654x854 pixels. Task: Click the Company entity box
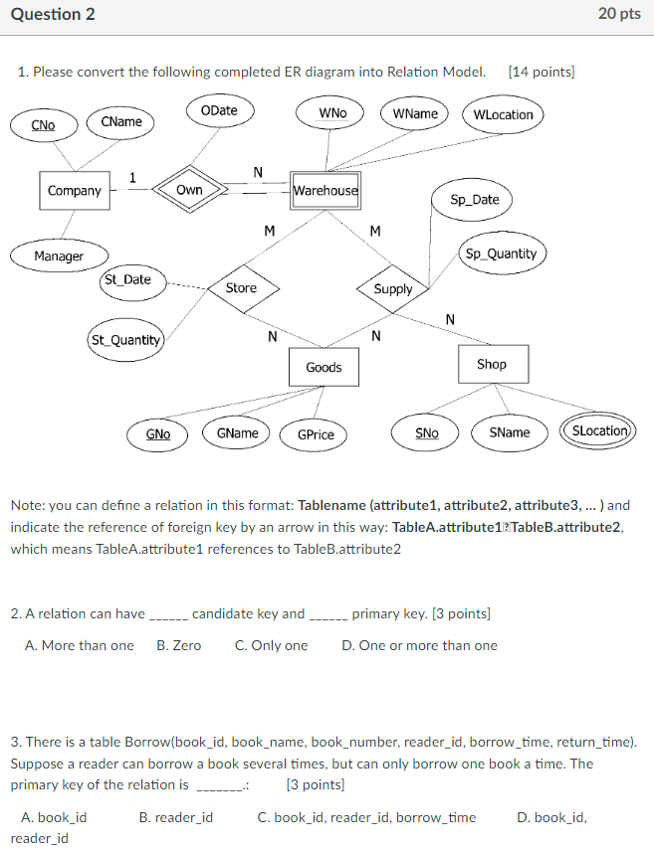tap(75, 190)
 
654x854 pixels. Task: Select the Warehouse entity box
tap(326, 190)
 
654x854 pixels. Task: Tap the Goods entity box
tap(324, 368)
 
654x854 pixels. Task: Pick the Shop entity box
tap(492, 364)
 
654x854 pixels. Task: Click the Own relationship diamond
tap(189, 190)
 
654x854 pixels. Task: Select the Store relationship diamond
tap(241, 288)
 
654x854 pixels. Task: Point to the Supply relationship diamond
tap(393, 289)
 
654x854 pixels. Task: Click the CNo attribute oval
tap(44, 125)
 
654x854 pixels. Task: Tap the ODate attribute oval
tap(219, 110)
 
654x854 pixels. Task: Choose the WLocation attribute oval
tap(503, 114)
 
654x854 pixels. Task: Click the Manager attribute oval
tap(59, 256)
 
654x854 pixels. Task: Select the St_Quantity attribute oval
tap(125, 340)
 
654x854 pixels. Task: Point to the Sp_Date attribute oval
tap(475, 200)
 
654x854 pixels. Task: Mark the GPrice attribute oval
tap(316, 434)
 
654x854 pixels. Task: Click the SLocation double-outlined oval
tap(600, 431)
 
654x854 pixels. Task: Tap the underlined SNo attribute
tap(426, 432)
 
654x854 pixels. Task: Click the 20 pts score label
tap(619, 14)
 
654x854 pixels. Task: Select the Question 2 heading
tap(53, 14)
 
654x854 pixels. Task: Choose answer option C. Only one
tap(272, 645)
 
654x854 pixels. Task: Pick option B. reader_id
tap(175, 817)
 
